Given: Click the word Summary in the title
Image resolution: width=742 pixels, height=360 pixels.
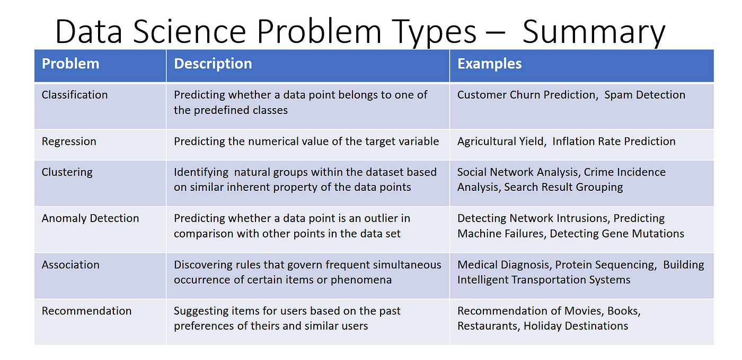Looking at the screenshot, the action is pos(594,32).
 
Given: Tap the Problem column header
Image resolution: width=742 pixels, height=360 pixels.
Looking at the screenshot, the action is pos(70,64).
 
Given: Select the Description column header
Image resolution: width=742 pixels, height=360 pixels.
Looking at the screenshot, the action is pos(213,64).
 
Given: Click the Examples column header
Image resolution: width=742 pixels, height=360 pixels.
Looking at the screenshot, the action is pos(489,64).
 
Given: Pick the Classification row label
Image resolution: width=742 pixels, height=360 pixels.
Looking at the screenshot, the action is pos(75,95).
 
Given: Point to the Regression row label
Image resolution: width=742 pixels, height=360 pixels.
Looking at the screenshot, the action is pos(69,142).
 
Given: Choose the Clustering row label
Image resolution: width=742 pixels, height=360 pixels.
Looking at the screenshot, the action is pos(67,172).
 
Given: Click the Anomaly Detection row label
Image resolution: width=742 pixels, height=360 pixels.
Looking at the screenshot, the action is pos(90,218).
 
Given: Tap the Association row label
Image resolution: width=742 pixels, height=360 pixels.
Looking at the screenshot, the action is pos(70,265).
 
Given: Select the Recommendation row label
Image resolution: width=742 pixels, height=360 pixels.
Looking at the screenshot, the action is pos(86,311).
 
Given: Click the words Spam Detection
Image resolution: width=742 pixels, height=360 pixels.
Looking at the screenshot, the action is pos(644,95).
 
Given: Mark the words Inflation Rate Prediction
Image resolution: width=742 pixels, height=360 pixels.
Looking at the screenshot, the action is pos(614,142).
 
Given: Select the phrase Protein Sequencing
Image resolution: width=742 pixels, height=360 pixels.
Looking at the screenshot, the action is pos(605,265).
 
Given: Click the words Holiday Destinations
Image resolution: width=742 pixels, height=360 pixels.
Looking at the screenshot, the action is pos(576,326).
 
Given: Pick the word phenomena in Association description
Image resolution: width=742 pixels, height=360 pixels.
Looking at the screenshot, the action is pos(361,280).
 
